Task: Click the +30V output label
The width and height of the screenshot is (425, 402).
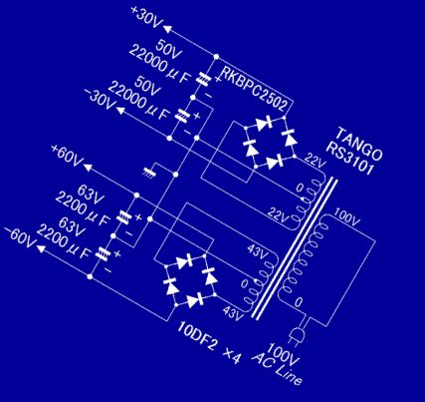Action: pos(146,18)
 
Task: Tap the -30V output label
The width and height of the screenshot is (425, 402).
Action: pos(99,99)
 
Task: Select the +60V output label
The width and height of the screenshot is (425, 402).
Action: pos(67,156)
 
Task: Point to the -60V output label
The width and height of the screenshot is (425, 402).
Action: pos(20,237)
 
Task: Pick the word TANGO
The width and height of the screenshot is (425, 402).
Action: pos(359,144)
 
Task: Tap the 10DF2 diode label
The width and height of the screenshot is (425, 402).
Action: pos(197,336)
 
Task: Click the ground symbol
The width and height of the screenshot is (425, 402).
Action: pos(148,173)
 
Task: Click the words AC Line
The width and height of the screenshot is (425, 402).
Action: pos(277,369)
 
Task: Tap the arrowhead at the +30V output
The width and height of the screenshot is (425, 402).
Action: pos(168,29)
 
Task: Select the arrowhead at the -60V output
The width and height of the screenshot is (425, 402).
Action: pos(41,248)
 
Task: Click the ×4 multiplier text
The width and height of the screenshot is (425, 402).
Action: pos(232,357)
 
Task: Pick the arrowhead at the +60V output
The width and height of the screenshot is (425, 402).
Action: pos(89,168)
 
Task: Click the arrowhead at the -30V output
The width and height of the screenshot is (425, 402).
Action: pos(119,111)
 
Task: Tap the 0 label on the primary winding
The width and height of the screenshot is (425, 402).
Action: pos(299,302)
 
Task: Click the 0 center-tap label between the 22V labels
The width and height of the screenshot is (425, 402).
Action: pos(300,189)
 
